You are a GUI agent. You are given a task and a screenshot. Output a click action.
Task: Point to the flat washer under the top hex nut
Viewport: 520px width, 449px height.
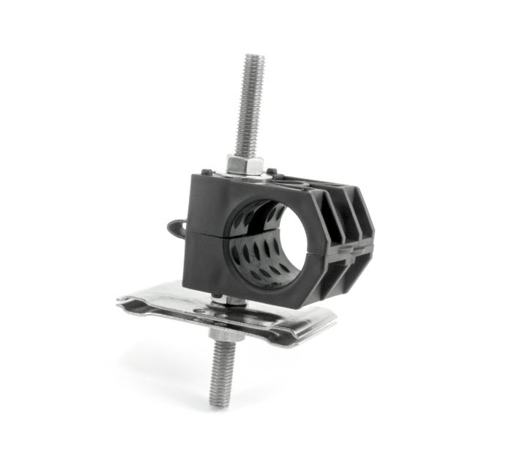click(246, 172)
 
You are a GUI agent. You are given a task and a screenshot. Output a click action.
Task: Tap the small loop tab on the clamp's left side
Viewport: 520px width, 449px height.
click(174, 223)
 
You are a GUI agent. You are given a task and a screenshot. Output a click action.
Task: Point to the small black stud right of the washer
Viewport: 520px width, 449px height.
click(273, 174)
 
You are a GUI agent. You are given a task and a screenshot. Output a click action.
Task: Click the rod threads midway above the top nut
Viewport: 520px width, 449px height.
click(249, 110)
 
